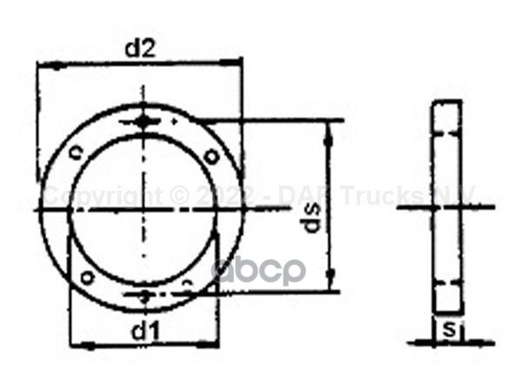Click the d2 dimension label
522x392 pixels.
[139, 49]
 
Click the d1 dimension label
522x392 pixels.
[143, 330]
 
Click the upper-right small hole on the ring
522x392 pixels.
[211, 155]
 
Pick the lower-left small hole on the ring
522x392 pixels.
[86, 278]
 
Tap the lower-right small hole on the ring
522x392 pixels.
[189, 283]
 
